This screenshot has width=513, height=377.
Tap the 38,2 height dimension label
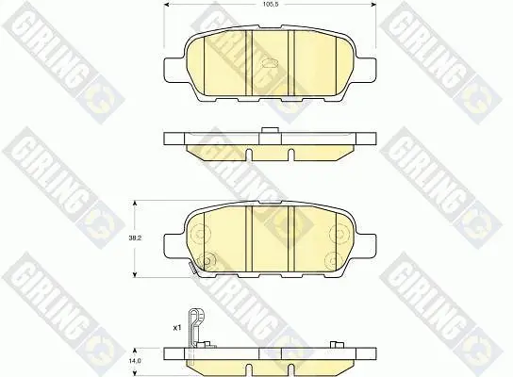pyautogui.click(x=135, y=238)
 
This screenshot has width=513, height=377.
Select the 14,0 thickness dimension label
pyautogui.click(x=135, y=361)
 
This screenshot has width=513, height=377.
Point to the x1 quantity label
pyautogui.click(x=177, y=327)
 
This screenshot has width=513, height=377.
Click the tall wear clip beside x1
pyautogui.click(x=195, y=330)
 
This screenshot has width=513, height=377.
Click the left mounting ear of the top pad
pyautogui.click(x=174, y=69)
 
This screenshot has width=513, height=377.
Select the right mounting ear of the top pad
pyautogui.click(x=366, y=69)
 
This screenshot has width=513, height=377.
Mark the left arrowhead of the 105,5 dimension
pyautogui.click(x=166, y=4)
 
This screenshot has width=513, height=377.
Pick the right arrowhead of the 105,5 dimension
pyautogui.click(x=373, y=4)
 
